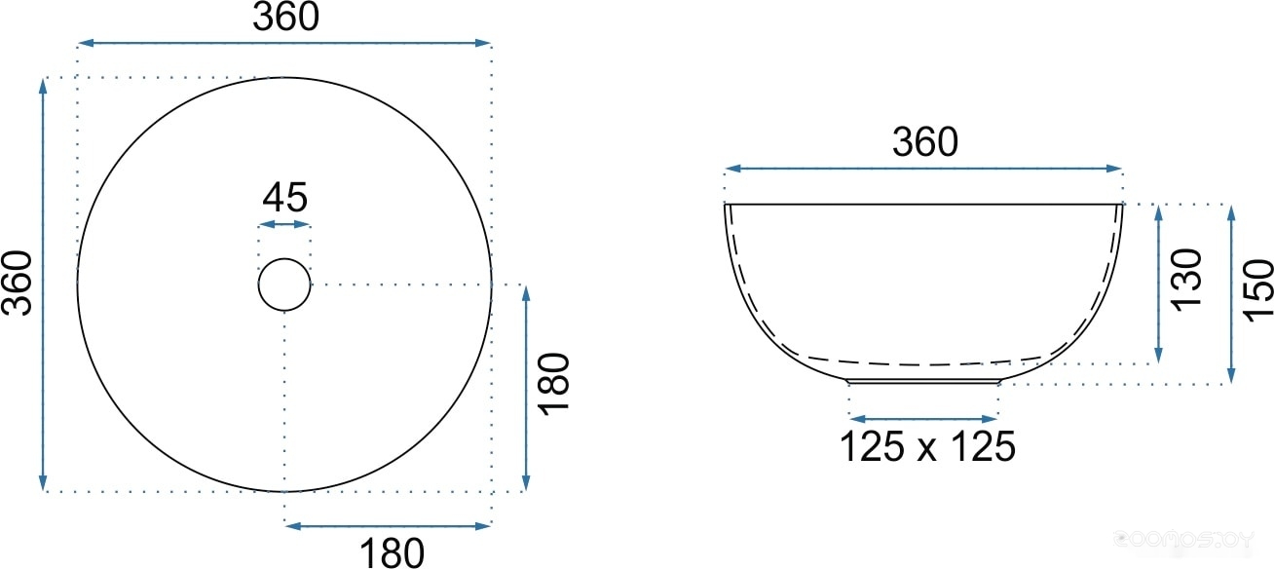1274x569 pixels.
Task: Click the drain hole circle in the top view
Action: [x=284, y=259]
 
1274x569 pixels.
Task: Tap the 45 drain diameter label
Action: [x=285, y=197]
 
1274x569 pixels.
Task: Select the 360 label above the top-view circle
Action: [x=285, y=17]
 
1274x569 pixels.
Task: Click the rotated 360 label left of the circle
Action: [x=17, y=283]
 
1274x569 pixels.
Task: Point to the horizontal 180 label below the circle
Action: [x=392, y=552]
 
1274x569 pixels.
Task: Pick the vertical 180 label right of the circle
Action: [x=553, y=384]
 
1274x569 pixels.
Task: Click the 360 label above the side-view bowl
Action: [x=925, y=141]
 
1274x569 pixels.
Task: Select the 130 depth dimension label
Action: [x=1186, y=280]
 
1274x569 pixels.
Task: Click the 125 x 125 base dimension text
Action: [x=927, y=446]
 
